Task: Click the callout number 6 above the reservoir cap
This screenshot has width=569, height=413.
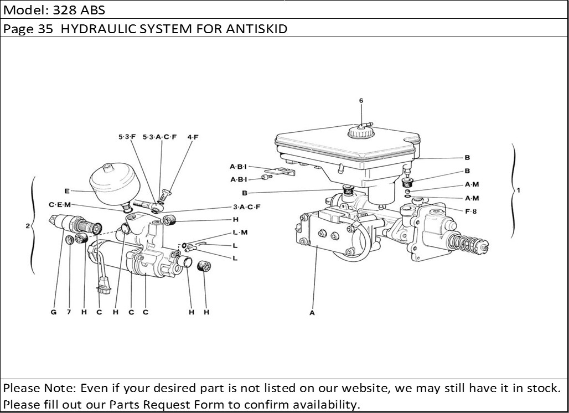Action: [x=361, y=101]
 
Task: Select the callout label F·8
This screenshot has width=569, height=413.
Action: [x=472, y=210]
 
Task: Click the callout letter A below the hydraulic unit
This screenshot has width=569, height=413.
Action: [x=312, y=313]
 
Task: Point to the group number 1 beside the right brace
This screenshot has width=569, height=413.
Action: [x=519, y=190]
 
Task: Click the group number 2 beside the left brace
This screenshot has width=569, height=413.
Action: [x=27, y=226]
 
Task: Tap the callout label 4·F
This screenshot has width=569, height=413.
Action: [x=193, y=137]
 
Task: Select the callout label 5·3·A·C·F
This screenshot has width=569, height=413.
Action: [x=159, y=137]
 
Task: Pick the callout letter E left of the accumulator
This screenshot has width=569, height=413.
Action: [x=67, y=192]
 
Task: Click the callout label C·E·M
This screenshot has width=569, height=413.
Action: [x=60, y=205]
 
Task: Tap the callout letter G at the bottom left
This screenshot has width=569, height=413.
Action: [x=54, y=312]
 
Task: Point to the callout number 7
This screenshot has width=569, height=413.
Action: [x=69, y=312]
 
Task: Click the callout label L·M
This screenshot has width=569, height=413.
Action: [x=240, y=233]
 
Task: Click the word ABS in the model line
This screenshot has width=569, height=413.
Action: [x=92, y=10]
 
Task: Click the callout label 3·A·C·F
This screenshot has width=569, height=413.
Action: [x=246, y=207]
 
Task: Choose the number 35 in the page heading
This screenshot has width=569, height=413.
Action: [x=45, y=29]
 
